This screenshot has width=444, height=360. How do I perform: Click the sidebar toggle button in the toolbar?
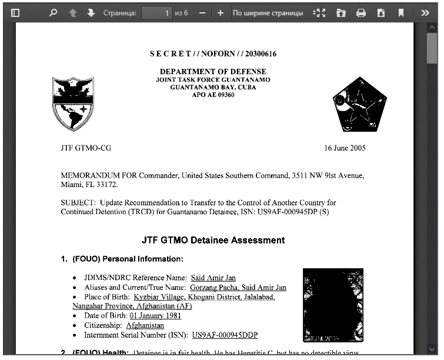pyautogui.click(x=15, y=12)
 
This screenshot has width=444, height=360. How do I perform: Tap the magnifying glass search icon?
pyautogui.click(x=53, y=12)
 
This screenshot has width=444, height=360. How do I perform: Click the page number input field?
pyautogui.click(x=156, y=12)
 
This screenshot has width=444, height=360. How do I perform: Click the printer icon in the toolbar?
pyautogui.click(x=361, y=12)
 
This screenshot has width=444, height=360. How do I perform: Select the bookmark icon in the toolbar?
pyautogui.click(x=400, y=12)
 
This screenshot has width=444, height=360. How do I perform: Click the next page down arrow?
pyautogui.click(x=91, y=12)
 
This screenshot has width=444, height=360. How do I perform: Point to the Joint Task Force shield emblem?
pyautogui.click(x=73, y=104)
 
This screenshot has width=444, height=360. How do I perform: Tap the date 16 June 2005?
pyautogui.click(x=345, y=148)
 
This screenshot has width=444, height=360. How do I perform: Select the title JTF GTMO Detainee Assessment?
pyautogui.click(x=213, y=240)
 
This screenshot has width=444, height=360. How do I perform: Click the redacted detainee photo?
pyautogui.click(x=333, y=305)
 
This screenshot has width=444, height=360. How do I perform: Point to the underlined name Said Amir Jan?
pyautogui.click(x=213, y=278)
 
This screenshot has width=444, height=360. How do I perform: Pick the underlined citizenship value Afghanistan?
pyautogui.click(x=145, y=325)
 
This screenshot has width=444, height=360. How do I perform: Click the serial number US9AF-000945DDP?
pyautogui.click(x=225, y=335)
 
